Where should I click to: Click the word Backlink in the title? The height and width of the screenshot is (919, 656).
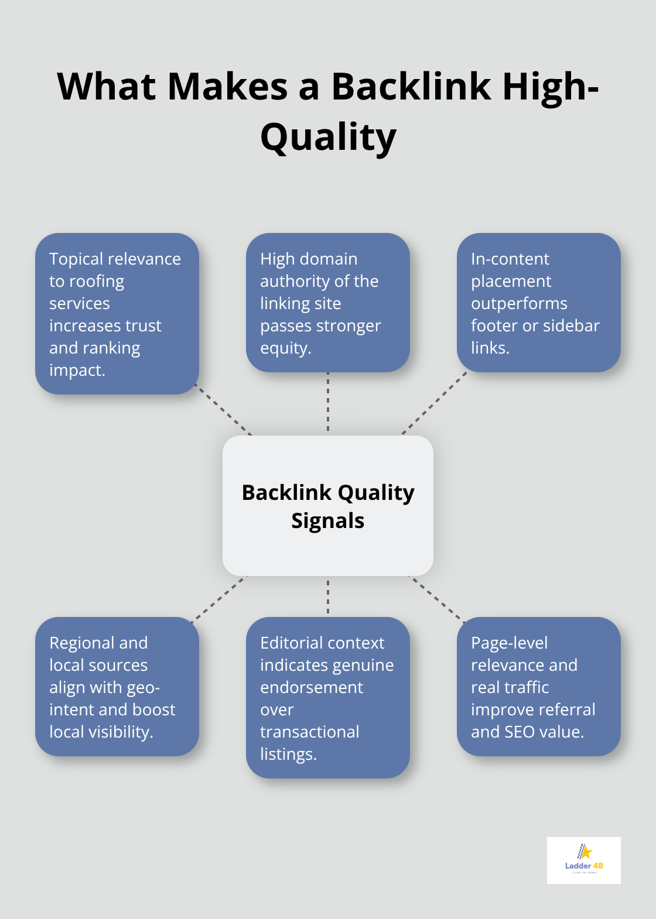(411, 87)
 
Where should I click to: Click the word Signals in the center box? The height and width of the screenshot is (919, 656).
(328, 520)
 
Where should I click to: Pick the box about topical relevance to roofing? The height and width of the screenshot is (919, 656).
(117, 314)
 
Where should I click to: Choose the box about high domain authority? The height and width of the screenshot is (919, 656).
(328, 303)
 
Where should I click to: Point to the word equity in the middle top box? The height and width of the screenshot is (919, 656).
(285, 348)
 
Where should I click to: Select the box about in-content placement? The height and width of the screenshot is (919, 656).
(538, 303)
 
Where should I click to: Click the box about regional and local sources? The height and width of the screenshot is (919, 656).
(117, 687)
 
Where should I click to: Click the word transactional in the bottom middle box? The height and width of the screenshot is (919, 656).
(309, 732)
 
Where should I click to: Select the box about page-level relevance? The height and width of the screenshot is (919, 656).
(538, 687)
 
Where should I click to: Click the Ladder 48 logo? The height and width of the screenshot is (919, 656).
(583, 860)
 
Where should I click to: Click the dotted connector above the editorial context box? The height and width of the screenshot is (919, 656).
(328, 597)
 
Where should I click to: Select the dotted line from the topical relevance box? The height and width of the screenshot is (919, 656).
(224, 410)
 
